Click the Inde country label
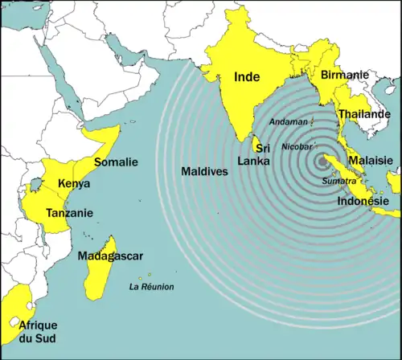247,77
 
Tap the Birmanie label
344,75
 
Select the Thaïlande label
364,114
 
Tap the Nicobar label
297,147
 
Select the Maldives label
204,171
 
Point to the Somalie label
116,162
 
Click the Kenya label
74,184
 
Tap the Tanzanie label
69,213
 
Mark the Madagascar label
110,256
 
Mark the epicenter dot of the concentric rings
325,161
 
